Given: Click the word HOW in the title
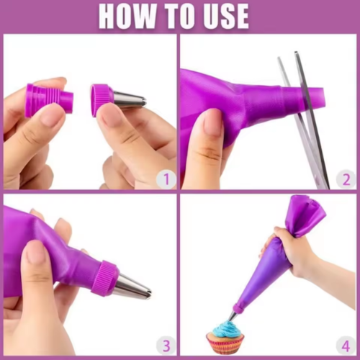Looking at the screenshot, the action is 129,16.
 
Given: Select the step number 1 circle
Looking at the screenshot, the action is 166,179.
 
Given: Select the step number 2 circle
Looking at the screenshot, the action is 346,179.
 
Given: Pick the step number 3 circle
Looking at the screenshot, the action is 166,346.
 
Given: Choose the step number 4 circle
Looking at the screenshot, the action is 346,346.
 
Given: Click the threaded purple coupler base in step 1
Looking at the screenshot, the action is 50,100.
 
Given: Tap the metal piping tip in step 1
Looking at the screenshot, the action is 130,99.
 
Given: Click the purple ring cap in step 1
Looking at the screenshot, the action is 101,100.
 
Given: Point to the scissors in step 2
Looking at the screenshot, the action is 305,120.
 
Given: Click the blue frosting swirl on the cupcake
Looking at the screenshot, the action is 225,328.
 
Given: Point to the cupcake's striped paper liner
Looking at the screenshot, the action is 225,345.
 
